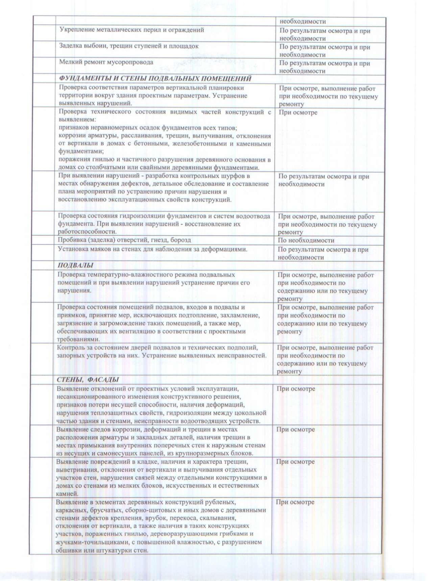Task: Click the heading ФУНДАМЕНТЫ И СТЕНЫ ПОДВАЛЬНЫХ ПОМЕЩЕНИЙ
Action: tap(155, 79)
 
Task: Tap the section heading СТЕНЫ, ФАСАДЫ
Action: tap(88, 380)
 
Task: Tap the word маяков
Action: tap(98, 249)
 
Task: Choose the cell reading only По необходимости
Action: tap(306, 241)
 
